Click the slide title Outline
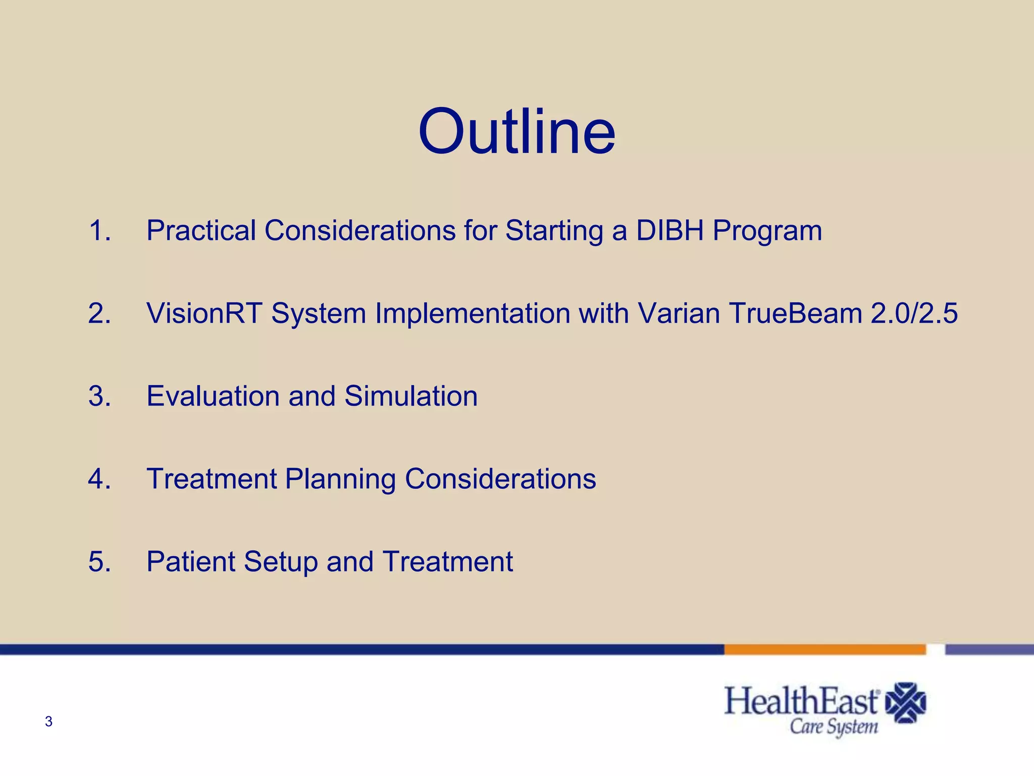click(516, 132)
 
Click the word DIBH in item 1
click(670, 230)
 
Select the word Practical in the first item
click(201, 230)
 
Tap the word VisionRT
click(204, 313)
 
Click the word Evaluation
click(213, 396)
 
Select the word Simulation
click(411, 396)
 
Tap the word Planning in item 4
click(340, 479)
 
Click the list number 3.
click(99, 396)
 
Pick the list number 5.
click(99, 562)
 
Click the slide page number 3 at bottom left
click(48, 721)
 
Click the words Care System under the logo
click(834, 727)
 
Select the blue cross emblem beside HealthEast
click(906, 703)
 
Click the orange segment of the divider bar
click(824, 650)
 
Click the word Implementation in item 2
click(472, 313)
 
